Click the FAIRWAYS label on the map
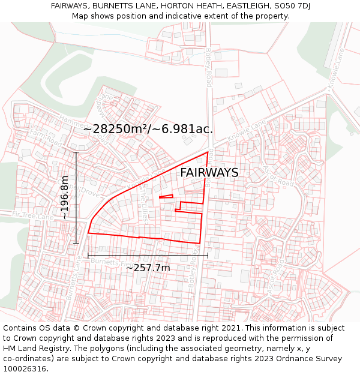[209, 173]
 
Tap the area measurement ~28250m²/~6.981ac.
[148, 129]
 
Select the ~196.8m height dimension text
[64, 197]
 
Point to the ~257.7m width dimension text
[148, 268]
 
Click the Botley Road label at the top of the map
[208, 67]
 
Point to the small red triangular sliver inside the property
[166, 196]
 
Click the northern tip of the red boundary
[208, 152]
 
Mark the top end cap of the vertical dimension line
[76, 152]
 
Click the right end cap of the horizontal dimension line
[208, 255]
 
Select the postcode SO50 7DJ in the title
[290, 5]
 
